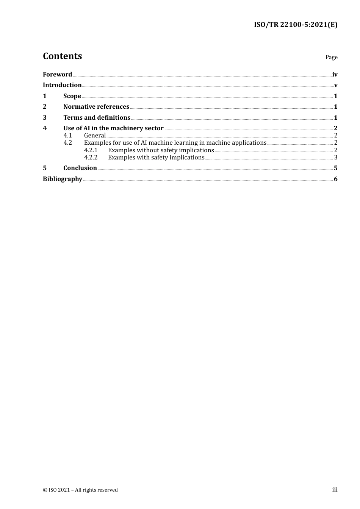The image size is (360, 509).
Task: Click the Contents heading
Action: [62, 56]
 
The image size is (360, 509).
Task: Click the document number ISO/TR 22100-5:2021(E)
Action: [296, 25]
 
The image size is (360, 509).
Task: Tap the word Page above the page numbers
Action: [331, 57]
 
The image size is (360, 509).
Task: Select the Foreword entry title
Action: [57, 75]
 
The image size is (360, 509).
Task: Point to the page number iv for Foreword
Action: [335, 75]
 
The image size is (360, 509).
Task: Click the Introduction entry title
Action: [62, 85]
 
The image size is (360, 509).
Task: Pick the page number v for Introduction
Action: [336, 85]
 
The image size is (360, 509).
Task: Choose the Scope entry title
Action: [72, 96]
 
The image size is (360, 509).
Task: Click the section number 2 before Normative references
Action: [45, 107]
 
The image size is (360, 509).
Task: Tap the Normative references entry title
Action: [96, 107]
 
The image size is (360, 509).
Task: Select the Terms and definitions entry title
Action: [97, 118]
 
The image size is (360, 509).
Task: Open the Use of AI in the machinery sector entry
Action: [113, 128]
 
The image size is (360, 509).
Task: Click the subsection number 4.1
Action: [67, 136]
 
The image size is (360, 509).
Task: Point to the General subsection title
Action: [95, 136]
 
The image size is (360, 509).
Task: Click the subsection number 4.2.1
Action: [91, 150]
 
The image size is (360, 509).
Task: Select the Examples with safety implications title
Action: [156, 158]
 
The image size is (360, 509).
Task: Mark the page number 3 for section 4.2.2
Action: [336, 158]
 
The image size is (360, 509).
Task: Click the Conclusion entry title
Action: [80, 168]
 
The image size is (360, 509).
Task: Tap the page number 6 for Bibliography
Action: [336, 179]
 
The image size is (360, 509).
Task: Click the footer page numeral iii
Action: [335, 490]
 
